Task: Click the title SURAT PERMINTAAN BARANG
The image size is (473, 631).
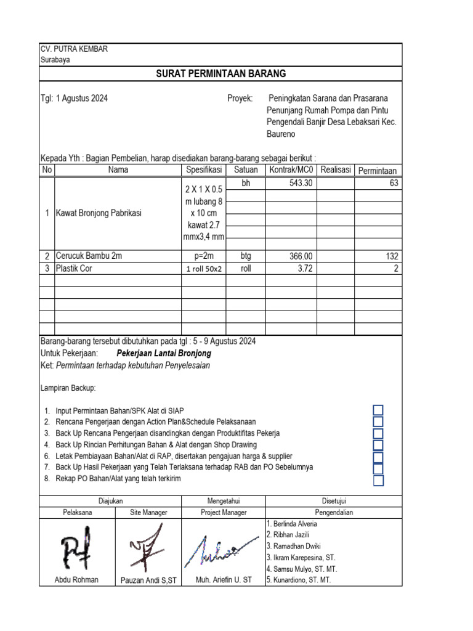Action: [220, 74]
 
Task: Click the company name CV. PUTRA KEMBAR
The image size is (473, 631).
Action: [74, 49]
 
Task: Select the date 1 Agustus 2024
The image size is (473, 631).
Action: [82, 98]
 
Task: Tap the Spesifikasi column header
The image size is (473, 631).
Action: [203, 170]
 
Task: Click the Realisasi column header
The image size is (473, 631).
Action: [335, 170]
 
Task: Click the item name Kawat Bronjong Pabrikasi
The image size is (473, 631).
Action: [99, 213]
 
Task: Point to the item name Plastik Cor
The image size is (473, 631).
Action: [73, 269]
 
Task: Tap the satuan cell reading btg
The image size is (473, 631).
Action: [246, 256]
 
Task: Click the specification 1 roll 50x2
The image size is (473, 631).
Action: [203, 269]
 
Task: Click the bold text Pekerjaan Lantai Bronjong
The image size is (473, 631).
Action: [163, 354]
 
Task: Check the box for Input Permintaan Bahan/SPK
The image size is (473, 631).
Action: [378, 410]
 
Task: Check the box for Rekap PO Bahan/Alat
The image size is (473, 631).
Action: [378, 480]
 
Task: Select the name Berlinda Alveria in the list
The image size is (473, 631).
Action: [293, 524]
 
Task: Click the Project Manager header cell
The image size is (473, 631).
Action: [224, 513]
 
